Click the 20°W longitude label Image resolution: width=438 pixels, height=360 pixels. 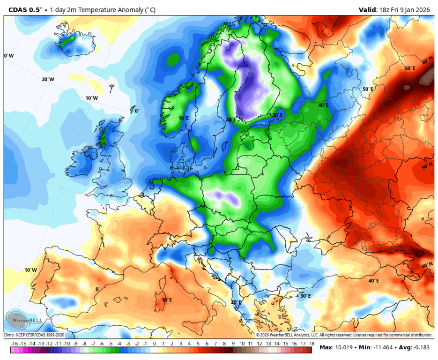(x=48, y=79)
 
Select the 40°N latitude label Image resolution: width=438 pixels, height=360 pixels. (x=427, y=265)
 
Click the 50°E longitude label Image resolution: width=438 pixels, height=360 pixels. (x=368, y=89)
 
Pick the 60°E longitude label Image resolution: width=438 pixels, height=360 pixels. (x=410, y=68)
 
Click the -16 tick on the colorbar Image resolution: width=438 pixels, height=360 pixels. (x=15, y=343)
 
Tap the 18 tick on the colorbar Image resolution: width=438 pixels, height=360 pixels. (x=311, y=343)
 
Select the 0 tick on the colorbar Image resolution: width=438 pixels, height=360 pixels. (x=154, y=343)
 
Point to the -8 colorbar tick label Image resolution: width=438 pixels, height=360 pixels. (x=84, y=343)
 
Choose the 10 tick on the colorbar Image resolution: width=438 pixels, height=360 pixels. (x=242, y=343)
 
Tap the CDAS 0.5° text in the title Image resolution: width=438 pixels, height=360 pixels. (x=22, y=9)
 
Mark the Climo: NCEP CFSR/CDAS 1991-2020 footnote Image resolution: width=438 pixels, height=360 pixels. (x=34, y=335)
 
